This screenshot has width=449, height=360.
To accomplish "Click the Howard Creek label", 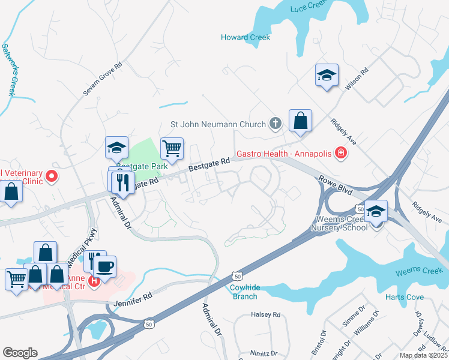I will click(246, 37).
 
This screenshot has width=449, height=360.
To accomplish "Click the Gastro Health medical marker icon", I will click(341, 154).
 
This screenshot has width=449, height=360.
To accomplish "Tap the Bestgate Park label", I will click(142, 166).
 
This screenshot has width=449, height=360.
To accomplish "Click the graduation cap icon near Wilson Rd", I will click(327, 76).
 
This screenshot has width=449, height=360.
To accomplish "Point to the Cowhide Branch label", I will click(245, 292).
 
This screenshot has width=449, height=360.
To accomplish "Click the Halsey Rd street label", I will click(266, 314).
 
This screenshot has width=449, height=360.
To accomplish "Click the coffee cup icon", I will click(105, 266).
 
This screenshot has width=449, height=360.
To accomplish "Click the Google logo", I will click(20, 353).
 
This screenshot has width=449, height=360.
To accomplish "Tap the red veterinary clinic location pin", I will click(51, 176).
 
